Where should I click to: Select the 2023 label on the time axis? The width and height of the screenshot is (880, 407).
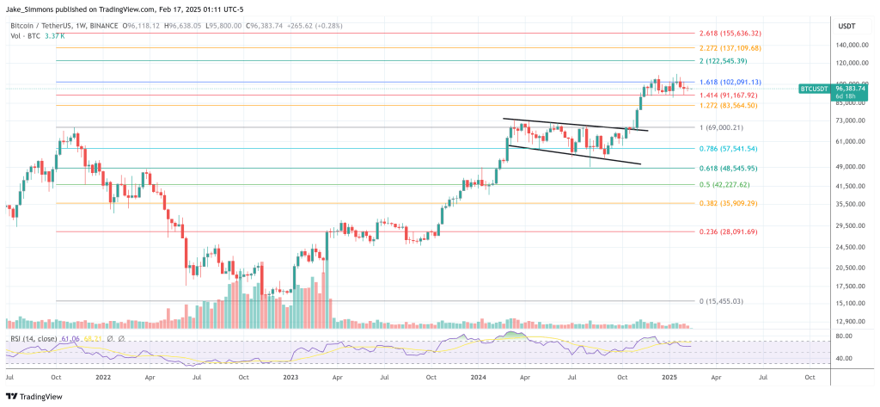[x=290, y=377]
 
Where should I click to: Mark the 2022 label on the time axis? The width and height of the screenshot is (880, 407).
[x=102, y=377]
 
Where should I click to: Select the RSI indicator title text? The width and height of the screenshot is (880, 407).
[x=40, y=340]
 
